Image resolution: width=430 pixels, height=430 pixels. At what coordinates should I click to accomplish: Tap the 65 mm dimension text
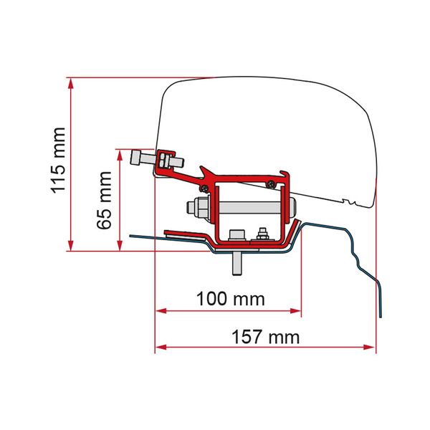pos(105,199)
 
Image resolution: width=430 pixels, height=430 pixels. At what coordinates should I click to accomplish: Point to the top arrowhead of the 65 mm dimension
pos(118,153)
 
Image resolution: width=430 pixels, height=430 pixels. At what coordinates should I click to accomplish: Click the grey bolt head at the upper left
pos(138,159)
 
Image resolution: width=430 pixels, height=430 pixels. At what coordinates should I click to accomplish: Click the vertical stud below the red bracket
pos(236,262)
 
